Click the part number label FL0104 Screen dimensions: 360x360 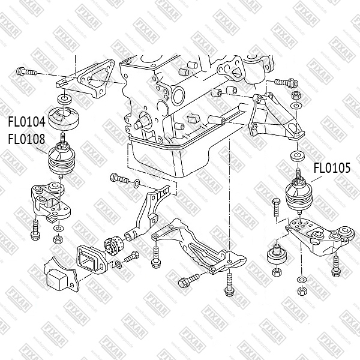point(26,122)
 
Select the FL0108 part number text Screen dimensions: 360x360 point(26,139)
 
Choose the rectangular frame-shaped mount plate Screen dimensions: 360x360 point(91,259)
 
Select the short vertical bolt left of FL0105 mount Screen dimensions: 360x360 point(276,208)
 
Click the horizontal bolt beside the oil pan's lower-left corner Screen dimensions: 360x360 point(121,179)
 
